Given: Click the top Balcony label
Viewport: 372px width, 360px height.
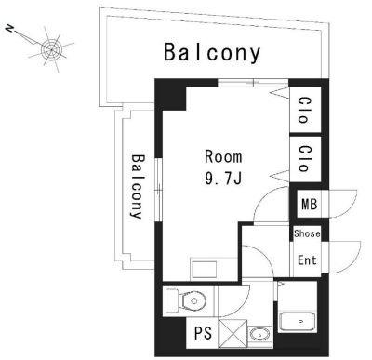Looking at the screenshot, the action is pos(212,53).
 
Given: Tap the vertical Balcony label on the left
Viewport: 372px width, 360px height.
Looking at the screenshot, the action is pos(138,187).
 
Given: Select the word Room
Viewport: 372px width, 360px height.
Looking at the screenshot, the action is pos(223,157).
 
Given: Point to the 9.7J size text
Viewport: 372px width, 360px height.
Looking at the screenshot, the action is pos(223,178).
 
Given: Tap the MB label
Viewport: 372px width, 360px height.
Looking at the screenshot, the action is pos(310,205).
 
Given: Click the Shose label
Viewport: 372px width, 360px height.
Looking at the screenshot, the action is pos(307,233).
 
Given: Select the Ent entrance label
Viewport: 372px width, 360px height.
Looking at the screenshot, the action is pos(307,260).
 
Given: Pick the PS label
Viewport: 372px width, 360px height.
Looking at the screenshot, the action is pos(204,333).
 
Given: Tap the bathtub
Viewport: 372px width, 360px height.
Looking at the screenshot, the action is pos(298,322).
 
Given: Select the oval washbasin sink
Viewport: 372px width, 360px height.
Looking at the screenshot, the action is pos(259,335).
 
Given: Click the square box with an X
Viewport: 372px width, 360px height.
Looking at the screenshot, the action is pos(233,333).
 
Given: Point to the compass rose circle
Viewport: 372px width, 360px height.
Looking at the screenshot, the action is pos(51,49).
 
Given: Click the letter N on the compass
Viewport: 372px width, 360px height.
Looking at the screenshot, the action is pos(9,29).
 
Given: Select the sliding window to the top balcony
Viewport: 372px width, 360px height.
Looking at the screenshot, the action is pos(253,83).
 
